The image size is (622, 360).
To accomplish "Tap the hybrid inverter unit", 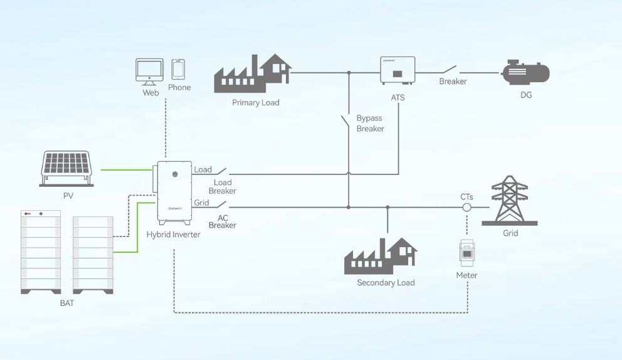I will click(x=174, y=193).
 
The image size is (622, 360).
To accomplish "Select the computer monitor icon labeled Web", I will click(x=149, y=72).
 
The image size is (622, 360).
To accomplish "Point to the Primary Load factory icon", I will click(x=252, y=74).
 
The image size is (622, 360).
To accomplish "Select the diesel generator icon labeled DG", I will click(x=525, y=73).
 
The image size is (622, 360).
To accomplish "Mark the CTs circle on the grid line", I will click(x=467, y=208).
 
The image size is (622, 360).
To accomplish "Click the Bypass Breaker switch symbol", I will click(x=345, y=122).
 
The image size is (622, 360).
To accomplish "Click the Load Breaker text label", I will click(x=223, y=187).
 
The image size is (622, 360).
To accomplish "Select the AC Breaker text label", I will click(x=222, y=221).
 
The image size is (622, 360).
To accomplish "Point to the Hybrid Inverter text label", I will click(x=174, y=235).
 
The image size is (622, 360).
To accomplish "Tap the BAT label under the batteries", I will click(x=67, y=304).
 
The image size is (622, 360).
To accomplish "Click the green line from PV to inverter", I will click(x=125, y=169).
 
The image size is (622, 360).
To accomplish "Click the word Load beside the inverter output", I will click(x=203, y=169).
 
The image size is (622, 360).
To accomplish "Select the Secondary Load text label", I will click(x=386, y=283).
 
